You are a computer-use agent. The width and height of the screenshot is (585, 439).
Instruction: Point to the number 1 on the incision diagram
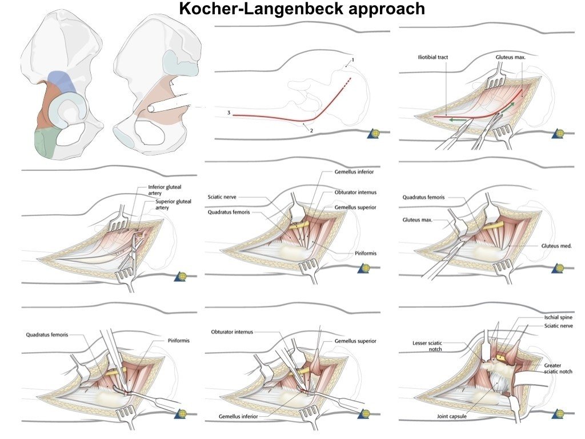coord(353,60)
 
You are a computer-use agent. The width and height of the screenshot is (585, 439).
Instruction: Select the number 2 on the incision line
coord(311,130)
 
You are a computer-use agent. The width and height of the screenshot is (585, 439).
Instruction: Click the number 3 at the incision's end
coord(229,114)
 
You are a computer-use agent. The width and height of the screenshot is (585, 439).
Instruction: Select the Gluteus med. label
coord(556,246)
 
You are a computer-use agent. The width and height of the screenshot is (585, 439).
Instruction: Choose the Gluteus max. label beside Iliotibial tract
coord(510,58)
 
